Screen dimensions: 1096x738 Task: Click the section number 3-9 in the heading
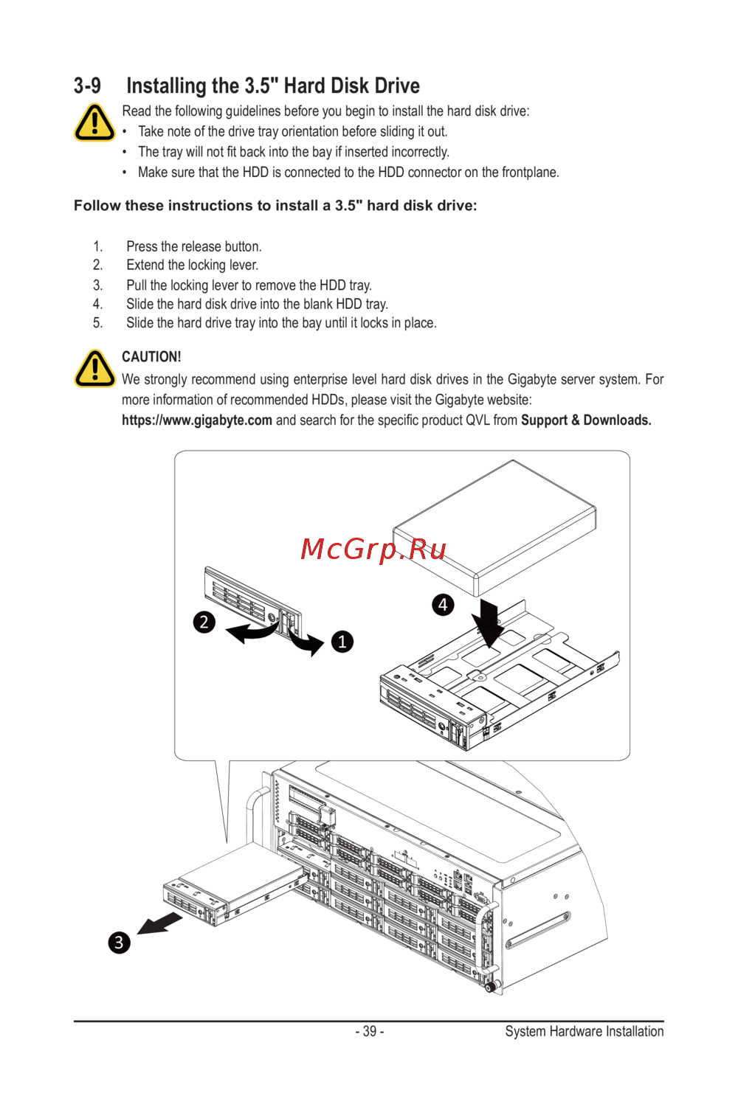[x=87, y=86]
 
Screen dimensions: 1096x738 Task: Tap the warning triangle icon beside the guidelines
[x=94, y=122]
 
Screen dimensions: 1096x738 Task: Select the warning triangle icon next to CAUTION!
[x=94, y=369]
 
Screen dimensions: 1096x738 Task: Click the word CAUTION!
[x=151, y=357]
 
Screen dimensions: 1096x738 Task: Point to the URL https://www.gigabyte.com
[x=197, y=420]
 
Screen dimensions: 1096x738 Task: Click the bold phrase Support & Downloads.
[x=586, y=420]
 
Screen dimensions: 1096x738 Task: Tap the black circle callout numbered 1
[x=342, y=642]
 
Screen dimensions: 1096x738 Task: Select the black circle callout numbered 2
[x=204, y=622]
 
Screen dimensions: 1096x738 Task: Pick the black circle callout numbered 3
[x=119, y=943]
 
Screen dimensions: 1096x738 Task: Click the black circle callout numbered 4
[x=443, y=605]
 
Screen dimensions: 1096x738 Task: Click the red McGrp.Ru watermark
[x=373, y=549]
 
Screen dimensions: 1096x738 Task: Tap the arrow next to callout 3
[x=159, y=923]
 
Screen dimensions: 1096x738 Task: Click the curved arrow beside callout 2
[x=251, y=631]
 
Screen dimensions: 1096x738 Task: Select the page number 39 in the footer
[x=370, y=1031]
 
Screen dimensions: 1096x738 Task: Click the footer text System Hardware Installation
[x=584, y=1031]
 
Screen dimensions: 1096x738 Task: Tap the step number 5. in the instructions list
[x=97, y=323]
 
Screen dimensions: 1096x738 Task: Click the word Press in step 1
[x=142, y=246]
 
